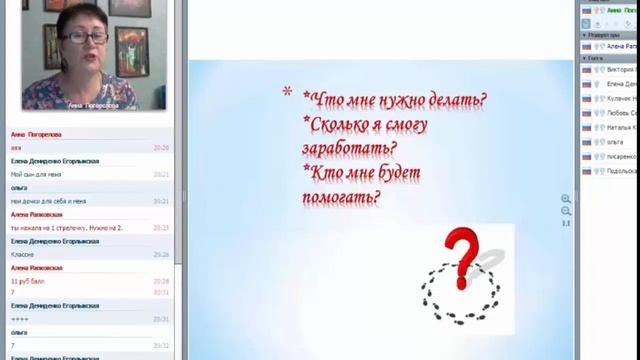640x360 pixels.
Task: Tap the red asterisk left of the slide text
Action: [x=287, y=94]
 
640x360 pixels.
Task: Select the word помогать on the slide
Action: [x=340, y=198]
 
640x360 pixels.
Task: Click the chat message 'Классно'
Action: [x=24, y=254]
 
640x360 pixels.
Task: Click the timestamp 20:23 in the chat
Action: [x=161, y=227]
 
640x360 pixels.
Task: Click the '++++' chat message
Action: [x=19, y=319]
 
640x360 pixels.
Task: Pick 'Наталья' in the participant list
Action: [x=621, y=128]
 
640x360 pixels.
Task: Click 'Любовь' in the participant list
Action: [x=621, y=113]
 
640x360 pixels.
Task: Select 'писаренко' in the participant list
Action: [x=621, y=156]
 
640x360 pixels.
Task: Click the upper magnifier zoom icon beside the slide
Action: [x=566, y=199]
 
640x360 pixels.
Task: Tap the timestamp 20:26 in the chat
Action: [x=161, y=254]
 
